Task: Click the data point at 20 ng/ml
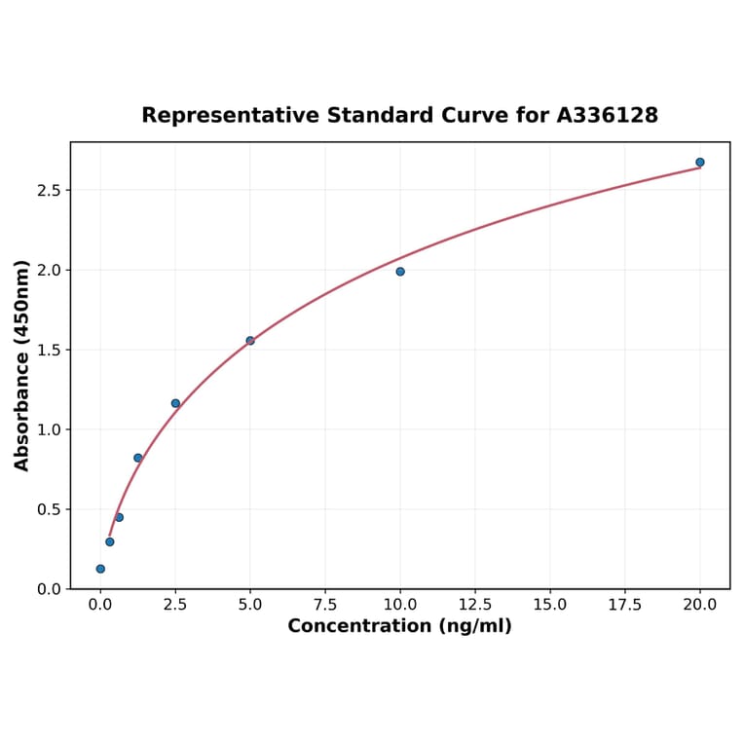click(x=700, y=163)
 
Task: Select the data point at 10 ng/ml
click(x=400, y=272)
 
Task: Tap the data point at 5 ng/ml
click(x=250, y=341)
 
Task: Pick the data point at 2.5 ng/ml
click(x=175, y=403)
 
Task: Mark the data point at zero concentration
click(x=100, y=569)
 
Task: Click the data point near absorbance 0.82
click(x=138, y=458)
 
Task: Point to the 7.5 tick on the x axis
click(x=325, y=605)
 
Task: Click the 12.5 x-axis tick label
click(x=475, y=605)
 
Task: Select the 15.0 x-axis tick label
click(x=550, y=605)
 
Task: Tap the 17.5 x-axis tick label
click(x=625, y=605)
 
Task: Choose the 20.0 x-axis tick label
click(x=700, y=605)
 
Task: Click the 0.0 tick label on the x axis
click(x=100, y=605)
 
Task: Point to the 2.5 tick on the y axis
click(x=49, y=190)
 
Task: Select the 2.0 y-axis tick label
click(x=49, y=270)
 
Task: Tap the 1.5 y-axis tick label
click(x=49, y=350)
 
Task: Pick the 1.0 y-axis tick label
click(x=49, y=429)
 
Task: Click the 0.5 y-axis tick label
click(x=49, y=509)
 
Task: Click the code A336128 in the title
click(x=608, y=116)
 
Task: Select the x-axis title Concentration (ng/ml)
click(x=399, y=626)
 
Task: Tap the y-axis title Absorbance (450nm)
click(x=22, y=365)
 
